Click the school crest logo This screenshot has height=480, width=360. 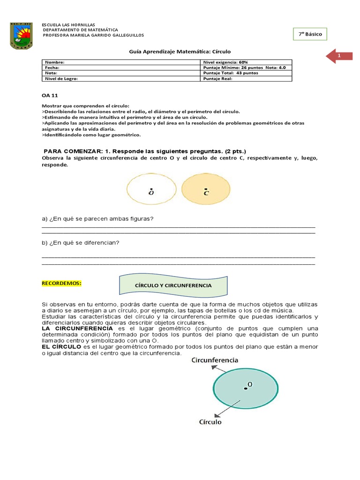tap(22, 36)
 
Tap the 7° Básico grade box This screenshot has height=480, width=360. tap(310, 34)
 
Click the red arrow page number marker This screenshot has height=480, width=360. tap(339, 56)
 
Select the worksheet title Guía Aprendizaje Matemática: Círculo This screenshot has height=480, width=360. tap(180, 52)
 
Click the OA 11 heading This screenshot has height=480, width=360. tap(49, 95)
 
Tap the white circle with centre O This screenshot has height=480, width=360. tap(151, 190)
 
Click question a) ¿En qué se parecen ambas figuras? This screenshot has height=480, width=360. tap(98, 219)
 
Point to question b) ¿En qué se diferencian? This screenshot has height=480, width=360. tap(81, 242)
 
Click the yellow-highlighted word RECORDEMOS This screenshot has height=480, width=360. tap(62, 283)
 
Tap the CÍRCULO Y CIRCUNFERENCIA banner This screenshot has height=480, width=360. tap(173, 285)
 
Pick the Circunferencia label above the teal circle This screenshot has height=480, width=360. tap(215, 360)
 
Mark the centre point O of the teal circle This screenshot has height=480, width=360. tap(245, 388)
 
